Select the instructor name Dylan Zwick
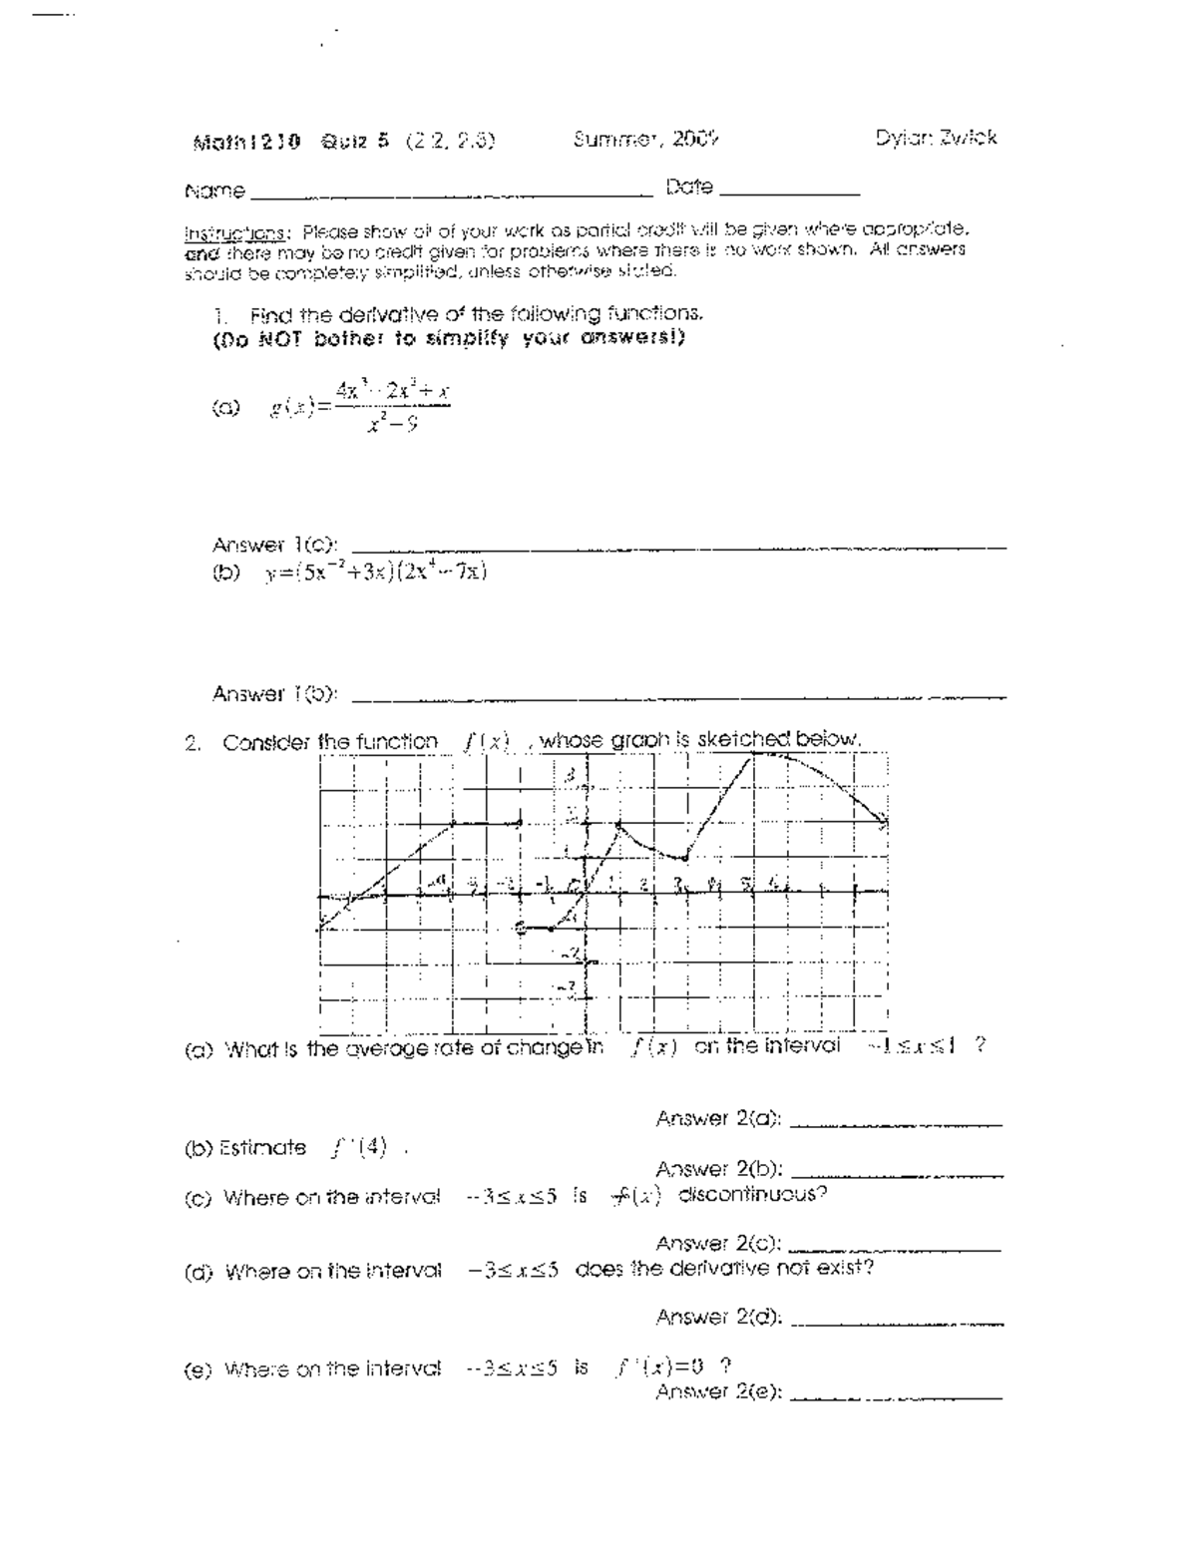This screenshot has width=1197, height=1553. (x=936, y=139)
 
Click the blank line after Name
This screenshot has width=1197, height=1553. (x=449, y=192)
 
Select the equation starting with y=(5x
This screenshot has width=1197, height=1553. (x=375, y=573)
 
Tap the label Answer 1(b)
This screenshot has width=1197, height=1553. (x=274, y=693)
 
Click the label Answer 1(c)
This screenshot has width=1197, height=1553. (x=274, y=546)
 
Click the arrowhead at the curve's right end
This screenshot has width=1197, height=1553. (x=882, y=823)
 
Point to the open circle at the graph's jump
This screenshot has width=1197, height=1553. (x=520, y=928)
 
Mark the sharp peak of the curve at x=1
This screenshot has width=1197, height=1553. (x=618, y=823)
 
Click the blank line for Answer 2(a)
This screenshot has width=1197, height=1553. (x=896, y=1124)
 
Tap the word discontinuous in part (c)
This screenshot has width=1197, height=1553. (x=752, y=1194)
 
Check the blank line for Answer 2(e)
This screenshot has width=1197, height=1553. (x=896, y=1397)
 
